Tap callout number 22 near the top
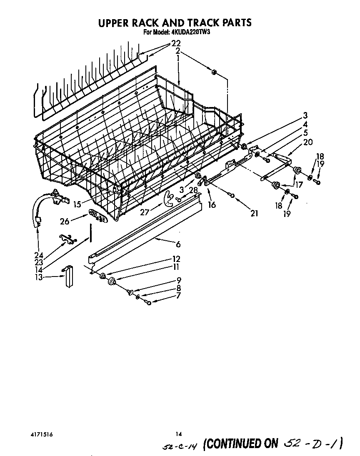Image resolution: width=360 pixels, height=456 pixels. tap(176, 43)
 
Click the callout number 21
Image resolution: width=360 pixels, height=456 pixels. tap(254, 213)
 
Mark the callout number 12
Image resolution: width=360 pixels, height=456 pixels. tap(176, 259)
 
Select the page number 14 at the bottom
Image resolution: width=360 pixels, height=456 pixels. tap(178, 434)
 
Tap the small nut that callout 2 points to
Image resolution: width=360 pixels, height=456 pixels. tap(214, 72)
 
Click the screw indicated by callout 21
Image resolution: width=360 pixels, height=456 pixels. tap(232, 195)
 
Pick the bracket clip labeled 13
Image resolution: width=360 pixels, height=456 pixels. tap(68, 277)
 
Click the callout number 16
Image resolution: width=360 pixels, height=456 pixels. tap(212, 204)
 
